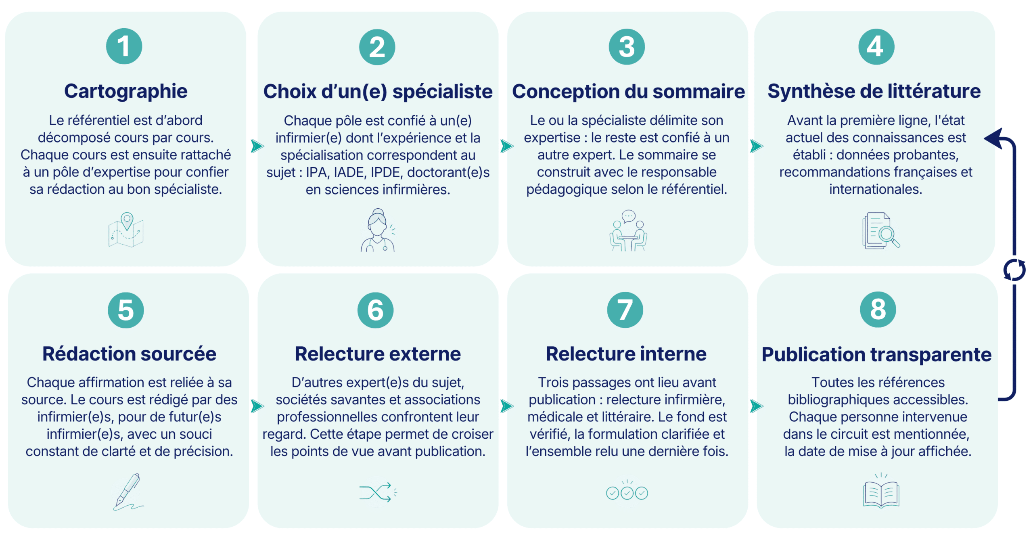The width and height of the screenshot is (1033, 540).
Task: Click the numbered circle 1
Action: (124, 46)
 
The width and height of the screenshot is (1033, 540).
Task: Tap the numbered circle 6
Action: (375, 310)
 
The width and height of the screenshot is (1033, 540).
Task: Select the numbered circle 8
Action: (878, 310)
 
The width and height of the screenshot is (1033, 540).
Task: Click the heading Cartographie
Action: (125, 91)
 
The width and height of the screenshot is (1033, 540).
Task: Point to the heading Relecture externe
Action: (378, 354)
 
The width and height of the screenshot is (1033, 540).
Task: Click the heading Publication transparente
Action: (876, 354)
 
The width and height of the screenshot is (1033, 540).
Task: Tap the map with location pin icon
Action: (126, 229)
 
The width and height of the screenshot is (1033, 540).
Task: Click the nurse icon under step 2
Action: (378, 230)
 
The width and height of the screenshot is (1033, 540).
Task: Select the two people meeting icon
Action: (628, 230)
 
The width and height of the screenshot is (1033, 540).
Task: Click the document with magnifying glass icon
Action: (881, 230)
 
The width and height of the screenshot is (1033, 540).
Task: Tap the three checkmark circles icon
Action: (627, 490)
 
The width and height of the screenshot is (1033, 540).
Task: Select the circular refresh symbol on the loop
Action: (1014, 270)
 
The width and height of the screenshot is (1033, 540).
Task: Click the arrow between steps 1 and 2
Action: (257, 146)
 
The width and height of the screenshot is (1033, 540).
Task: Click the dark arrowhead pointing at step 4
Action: (994, 138)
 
